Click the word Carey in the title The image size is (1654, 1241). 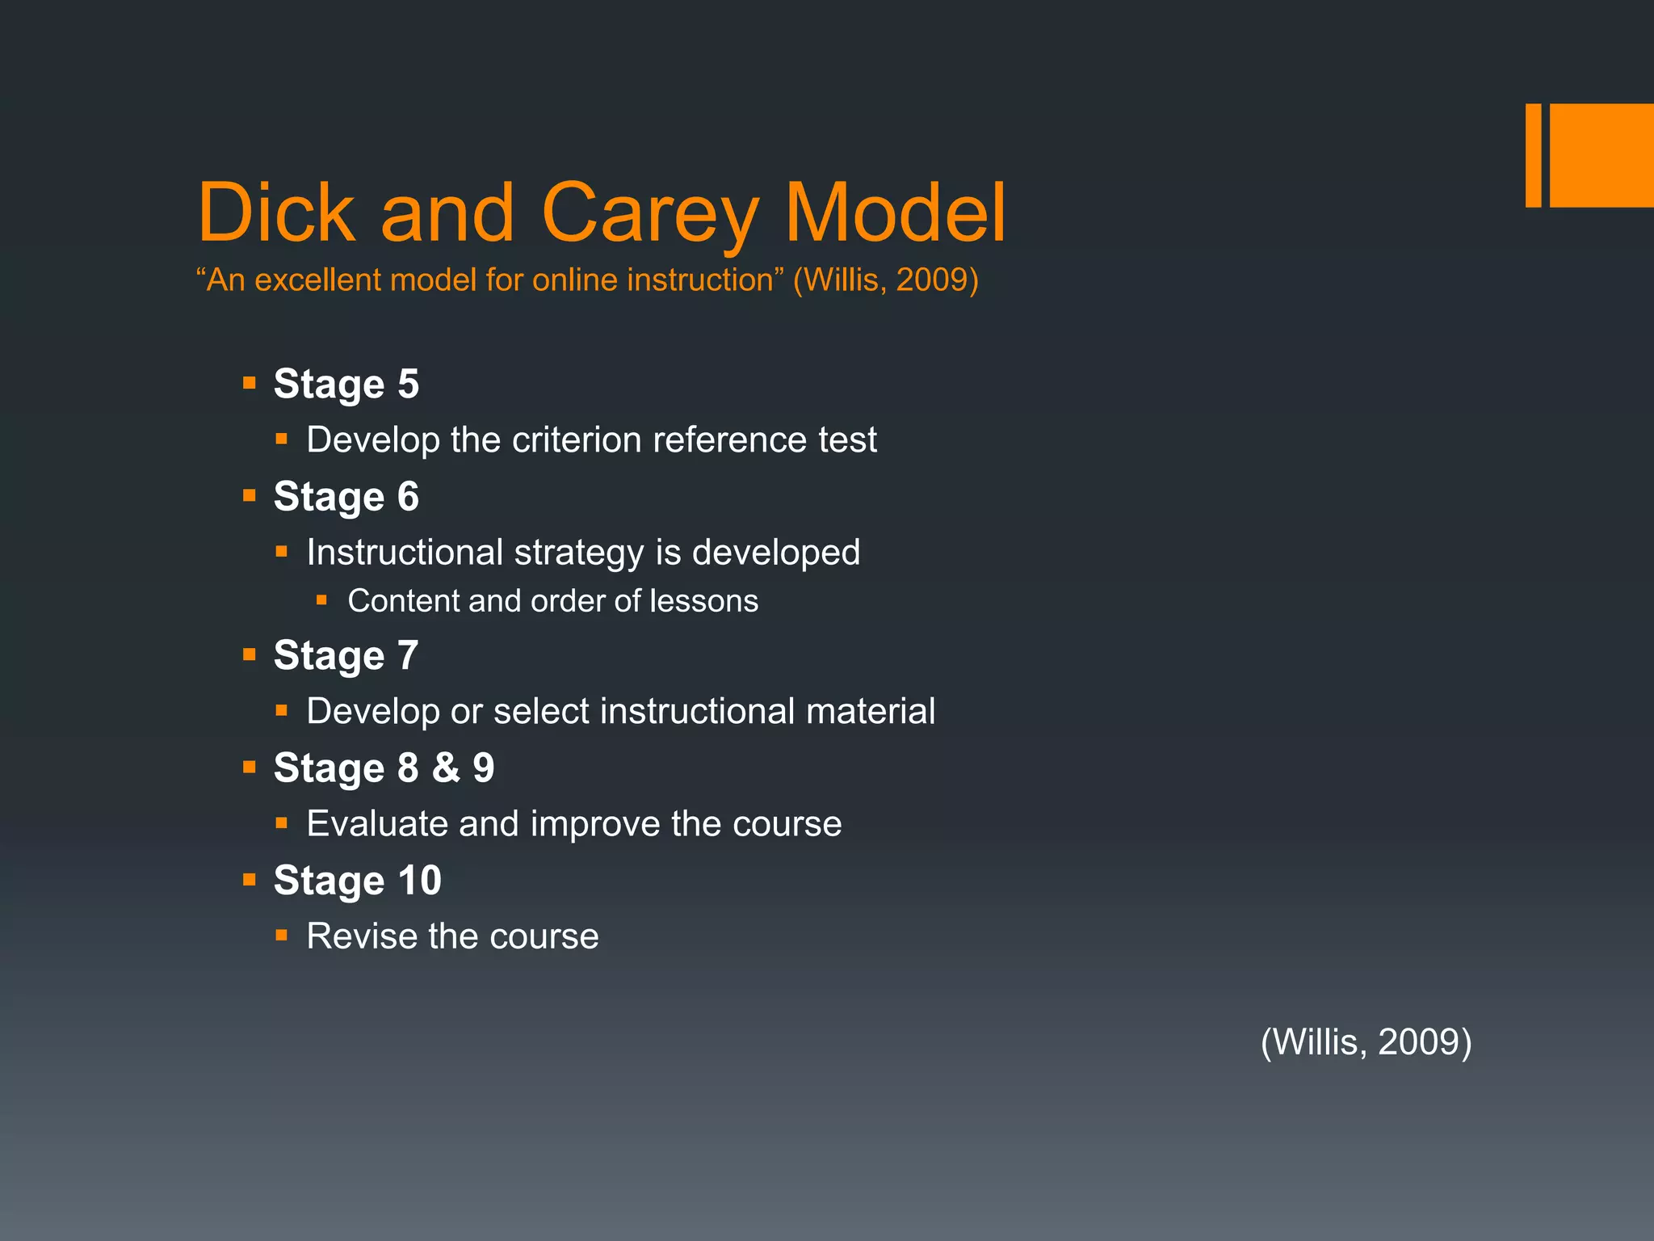click(649, 212)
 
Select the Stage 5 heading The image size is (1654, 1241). click(346, 384)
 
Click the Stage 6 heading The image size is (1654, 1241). click(346, 496)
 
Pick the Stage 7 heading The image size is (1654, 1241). click(346, 655)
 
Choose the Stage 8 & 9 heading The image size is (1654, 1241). click(384, 768)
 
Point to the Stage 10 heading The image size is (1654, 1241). click(357, 880)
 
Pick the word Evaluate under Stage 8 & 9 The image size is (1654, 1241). click(376, 824)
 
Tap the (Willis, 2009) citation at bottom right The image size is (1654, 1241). click(1366, 1041)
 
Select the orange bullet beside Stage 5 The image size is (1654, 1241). click(250, 382)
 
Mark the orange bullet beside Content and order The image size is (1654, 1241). click(321, 600)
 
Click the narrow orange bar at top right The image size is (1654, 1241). click(1533, 155)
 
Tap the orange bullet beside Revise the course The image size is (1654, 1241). click(281, 936)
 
